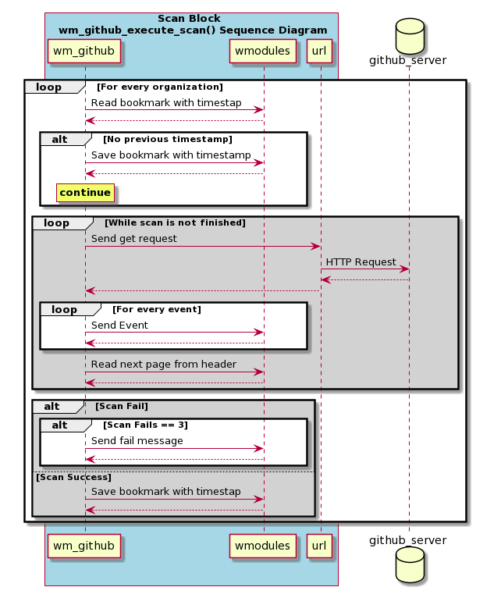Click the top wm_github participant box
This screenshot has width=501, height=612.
[84, 51]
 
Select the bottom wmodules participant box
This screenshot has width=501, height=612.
[262, 546]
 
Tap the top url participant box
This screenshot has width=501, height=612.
[319, 51]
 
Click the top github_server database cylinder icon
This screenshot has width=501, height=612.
[410, 36]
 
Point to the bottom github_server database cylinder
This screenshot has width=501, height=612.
[410, 564]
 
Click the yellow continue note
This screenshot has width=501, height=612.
[86, 193]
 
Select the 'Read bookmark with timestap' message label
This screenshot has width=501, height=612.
[166, 103]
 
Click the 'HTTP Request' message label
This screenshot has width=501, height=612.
[361, 262]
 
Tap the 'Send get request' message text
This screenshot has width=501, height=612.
[134, 239]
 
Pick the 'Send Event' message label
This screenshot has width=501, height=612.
[119, 325]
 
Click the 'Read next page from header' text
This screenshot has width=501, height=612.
[164, 364]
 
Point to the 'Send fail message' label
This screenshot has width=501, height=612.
[137, 440]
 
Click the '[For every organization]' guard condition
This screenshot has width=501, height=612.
[160, 87]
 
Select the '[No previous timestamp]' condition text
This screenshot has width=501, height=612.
[168, 139]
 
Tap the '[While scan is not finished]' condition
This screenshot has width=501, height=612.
[175, 223]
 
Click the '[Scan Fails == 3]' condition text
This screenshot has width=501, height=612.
[145, 425]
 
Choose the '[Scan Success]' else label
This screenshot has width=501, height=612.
[73, 478]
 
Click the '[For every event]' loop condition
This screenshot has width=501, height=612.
[157, 309]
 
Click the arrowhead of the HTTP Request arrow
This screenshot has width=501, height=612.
[404, 269]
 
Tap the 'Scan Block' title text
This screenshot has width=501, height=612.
[189, 19]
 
